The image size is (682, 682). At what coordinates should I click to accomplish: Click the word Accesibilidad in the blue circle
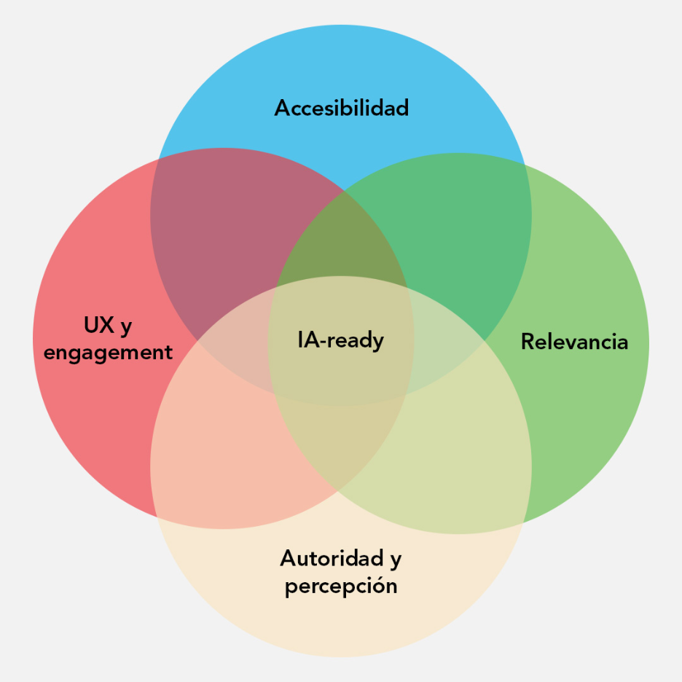click(341, 109)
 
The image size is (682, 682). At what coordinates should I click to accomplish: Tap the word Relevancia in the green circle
click(574, 342)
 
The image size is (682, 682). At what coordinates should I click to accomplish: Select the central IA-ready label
click(340, 340)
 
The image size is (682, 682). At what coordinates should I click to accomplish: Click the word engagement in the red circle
click(108, 353)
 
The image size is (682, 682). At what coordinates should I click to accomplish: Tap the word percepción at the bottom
click(341, 587)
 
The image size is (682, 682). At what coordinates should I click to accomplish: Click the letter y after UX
click(126, 328)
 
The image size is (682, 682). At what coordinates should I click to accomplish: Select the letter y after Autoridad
click(395, 561)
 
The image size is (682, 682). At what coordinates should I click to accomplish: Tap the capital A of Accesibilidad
click(283, 109)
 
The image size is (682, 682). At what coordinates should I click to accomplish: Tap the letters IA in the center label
click(310, 340)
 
